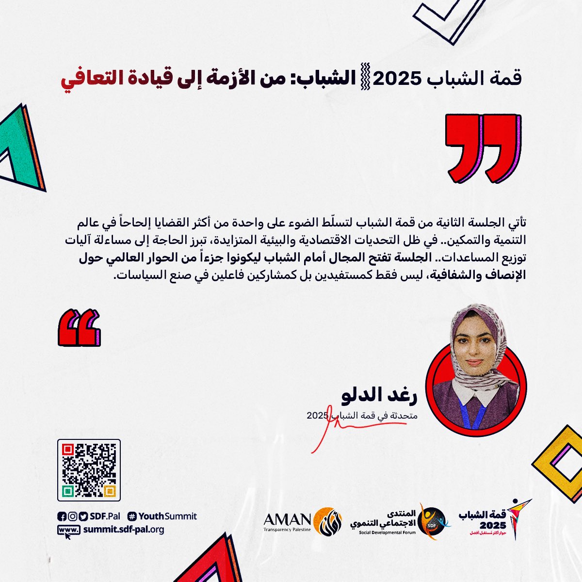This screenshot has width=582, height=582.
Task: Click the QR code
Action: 89,470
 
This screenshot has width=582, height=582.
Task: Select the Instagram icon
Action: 72,517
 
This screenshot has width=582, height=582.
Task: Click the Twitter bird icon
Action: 83,517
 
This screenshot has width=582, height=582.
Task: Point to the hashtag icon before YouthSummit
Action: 132,517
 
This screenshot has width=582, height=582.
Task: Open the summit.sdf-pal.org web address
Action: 123,530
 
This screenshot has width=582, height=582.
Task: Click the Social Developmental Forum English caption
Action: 388,533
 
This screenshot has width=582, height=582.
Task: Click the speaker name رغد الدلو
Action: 379,397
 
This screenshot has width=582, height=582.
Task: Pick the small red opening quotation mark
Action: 79,328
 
